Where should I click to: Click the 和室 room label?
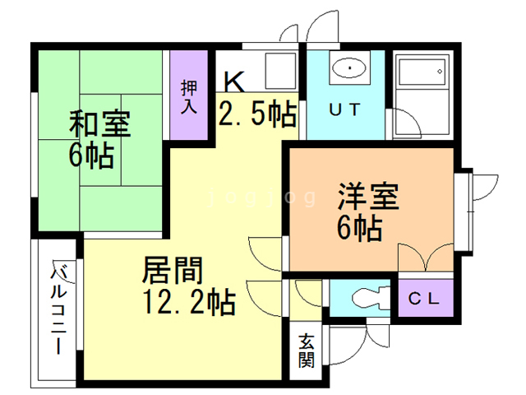coord(100,123)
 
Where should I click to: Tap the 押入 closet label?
coord(189,97)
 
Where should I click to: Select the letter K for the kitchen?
coord(233,81)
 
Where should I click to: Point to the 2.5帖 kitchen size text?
coord(257,114)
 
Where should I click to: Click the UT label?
coord(344,109)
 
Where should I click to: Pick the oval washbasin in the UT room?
coord(349,67)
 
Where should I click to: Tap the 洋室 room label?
coord(368,196)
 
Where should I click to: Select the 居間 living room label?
coord(172,270)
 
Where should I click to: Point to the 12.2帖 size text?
coord(189,302)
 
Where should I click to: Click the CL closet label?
coord(424,298)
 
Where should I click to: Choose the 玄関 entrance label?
coord(307,351)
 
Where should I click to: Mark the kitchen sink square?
coord(280,71)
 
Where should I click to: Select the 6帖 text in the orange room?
coord(359,229)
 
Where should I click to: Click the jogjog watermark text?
coord(262,197)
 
